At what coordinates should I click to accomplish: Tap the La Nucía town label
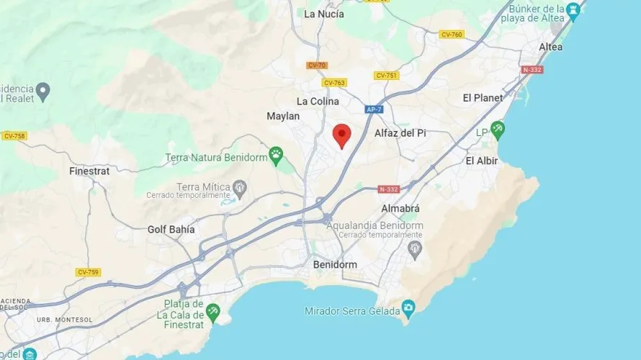(323, 14)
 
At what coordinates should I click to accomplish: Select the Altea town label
(551, 47)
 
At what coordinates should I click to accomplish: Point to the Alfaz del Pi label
(401, 133)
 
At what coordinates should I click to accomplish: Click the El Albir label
(482, 161)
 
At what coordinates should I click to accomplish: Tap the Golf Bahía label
(171, 230)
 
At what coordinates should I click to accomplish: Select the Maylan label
(283, 116)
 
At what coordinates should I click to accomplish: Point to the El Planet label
(482, 97)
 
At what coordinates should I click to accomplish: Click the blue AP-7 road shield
(373, 109)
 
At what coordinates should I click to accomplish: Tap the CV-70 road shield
(317, 66)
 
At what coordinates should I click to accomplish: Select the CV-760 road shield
(452, 34)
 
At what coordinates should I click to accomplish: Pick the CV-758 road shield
(14, 135)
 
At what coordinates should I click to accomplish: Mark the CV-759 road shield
(88, 272)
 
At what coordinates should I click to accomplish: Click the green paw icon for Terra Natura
(276, 153)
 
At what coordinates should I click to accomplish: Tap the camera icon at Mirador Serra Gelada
(408, 310)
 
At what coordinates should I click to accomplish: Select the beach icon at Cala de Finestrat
(213, 311)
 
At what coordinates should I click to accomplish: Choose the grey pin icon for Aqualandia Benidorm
(414, 250)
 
